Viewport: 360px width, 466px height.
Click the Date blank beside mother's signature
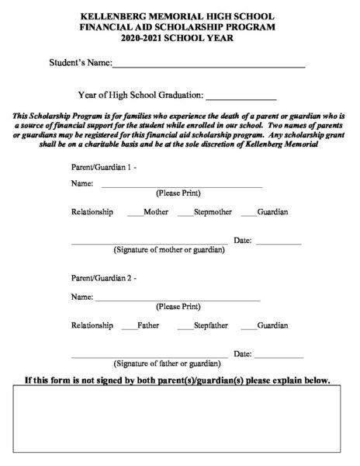[x=278, y=244]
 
